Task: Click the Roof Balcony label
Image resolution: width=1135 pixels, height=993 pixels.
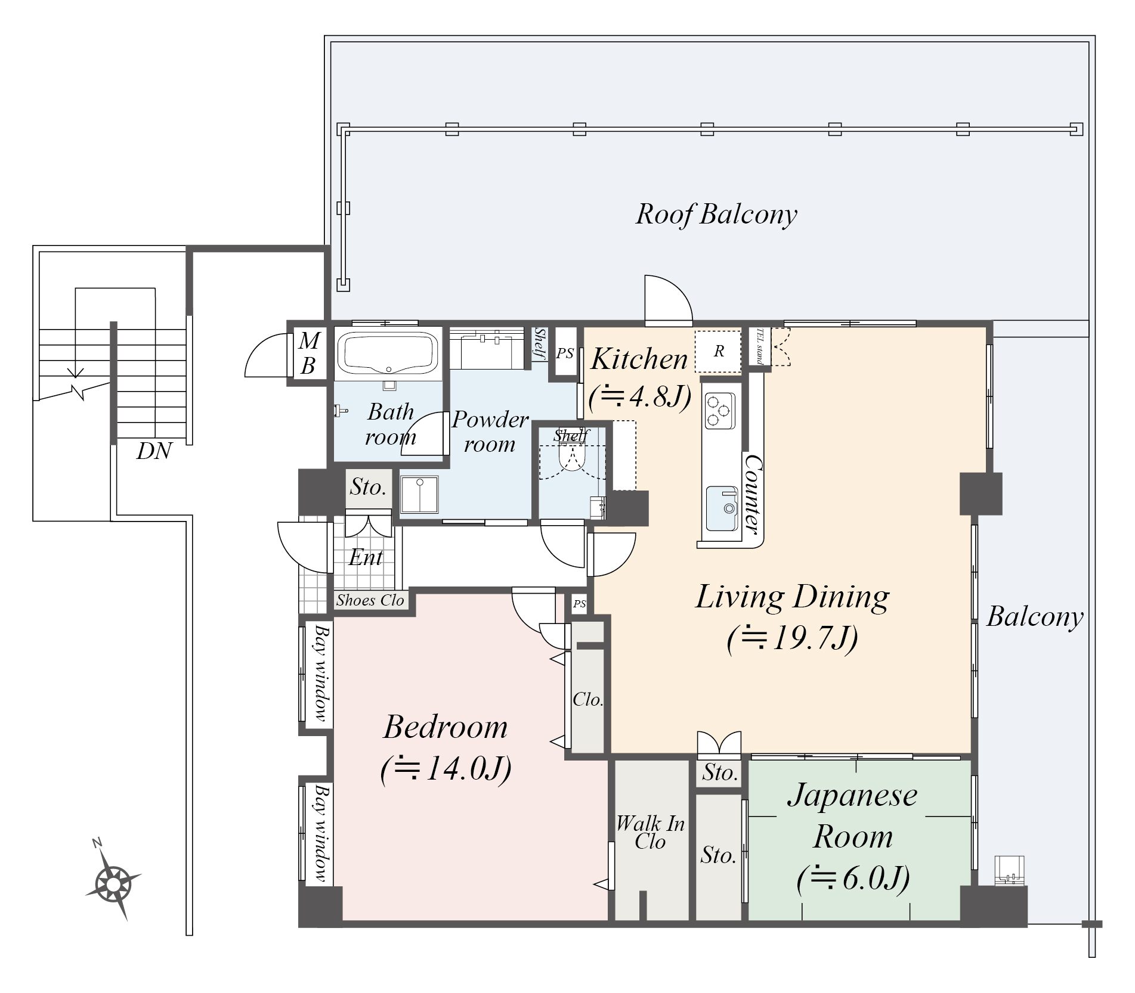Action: point(716,214)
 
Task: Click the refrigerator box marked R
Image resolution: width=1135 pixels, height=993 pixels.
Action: point(718,351)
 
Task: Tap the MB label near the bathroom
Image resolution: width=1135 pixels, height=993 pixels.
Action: point(308,353)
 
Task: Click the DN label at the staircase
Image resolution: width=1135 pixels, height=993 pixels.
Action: point(154,451)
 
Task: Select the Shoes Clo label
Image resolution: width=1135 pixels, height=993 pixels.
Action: point(370,600)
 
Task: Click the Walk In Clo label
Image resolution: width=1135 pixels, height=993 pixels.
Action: point(650,832)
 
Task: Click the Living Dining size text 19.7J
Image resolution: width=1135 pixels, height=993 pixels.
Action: point(793,638)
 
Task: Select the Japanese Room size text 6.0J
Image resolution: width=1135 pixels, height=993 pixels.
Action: point(853,879)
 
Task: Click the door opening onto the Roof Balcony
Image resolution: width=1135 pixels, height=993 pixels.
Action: point(668,300)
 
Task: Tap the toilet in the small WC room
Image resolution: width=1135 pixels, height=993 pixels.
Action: point(571,456)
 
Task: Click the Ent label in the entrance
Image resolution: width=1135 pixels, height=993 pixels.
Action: point(366,557)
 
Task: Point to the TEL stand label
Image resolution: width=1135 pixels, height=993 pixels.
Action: point(759,346)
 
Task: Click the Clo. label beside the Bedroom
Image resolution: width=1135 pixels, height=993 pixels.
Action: point(587,699)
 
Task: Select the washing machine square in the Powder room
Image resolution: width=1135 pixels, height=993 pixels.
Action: point(419,494)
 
